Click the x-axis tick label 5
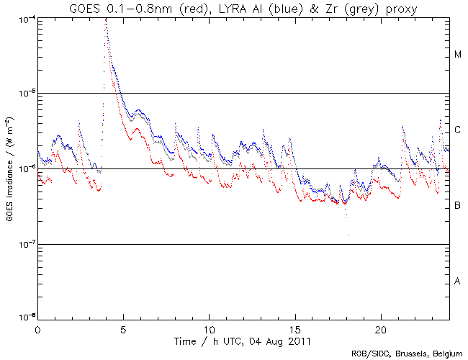tap(123, 328)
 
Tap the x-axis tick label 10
tap(209, 328)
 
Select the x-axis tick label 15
tap(295, 328)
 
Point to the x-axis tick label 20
tap(381, 328)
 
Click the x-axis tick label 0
tap(37, 328)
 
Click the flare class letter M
tap(457, 55)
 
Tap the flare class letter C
tap(457, 130)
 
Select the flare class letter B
tap(457, 206)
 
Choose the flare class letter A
tap(457, 282)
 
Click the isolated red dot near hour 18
tap(348, 235)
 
